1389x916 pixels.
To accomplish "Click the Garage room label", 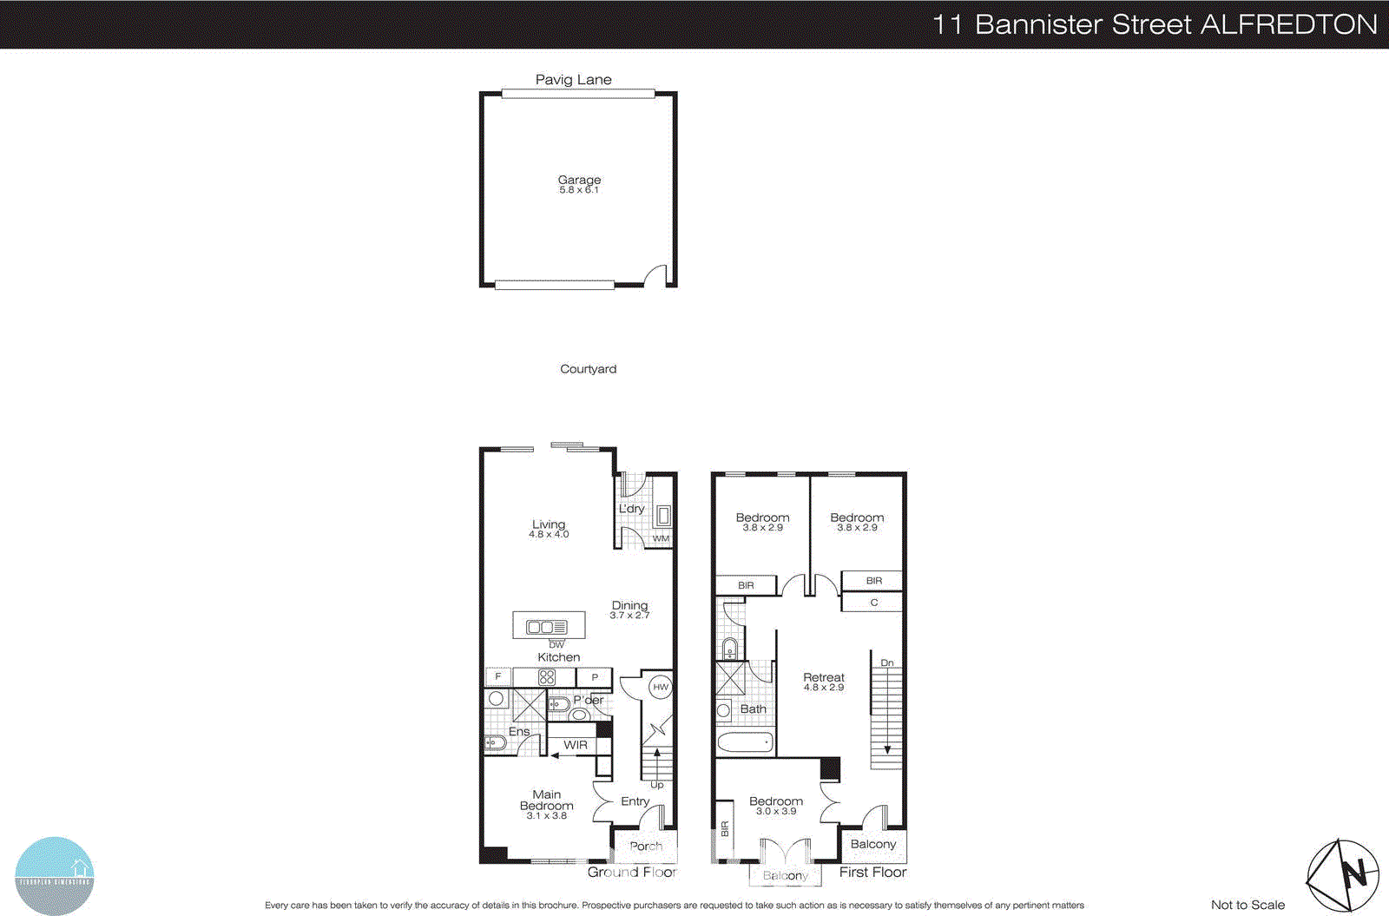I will (x=579, y=180).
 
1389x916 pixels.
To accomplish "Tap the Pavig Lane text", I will (x=573, y=80).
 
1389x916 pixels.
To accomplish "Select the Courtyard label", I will (x=588, y=369).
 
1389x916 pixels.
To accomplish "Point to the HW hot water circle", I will (x=661, y=687).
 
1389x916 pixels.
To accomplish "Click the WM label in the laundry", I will (x=661, y=538).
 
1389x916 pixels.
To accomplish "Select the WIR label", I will (x=576, y=745).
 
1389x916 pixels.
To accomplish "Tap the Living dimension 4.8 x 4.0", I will (x=549, y=535).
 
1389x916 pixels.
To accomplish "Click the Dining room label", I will (x=629, y=605).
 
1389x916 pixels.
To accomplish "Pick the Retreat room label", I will (x=823, y=677).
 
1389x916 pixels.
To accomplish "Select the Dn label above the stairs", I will (x=886, y=662).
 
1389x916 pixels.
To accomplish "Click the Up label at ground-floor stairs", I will (x=657, y=785).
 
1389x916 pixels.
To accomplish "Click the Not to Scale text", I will (x=1247, y=905).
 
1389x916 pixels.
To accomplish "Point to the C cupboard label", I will (x=873, y=603).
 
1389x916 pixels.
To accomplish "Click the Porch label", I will (x=645, y=846).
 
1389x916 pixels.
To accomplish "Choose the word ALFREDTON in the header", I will (x=1289, y=24).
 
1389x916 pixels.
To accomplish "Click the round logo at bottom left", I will (x=55, y=875).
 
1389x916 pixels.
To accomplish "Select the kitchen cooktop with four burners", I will (x=546, y=677).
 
